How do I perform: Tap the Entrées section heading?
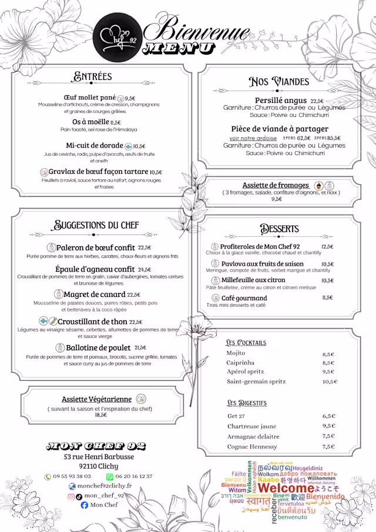pyautogui.click(x=93, y=76)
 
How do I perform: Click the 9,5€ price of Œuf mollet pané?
pyautogui.click(x=130, y=98)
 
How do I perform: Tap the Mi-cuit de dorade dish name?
pyautogui.click(x=94, y=146)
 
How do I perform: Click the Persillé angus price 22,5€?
pyautogui.click(x=317, y=101)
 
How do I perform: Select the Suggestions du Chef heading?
pyautogui.click(x=96, y=225)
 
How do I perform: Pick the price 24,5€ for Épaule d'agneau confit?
pyautogui.click(x=145, y=270)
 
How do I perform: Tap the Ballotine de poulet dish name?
pyautogui.click(x=98, y=348)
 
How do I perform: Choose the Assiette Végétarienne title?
pyautogui.click(x=96, y=400)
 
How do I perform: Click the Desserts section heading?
pyautogui.click(x=280, y=229)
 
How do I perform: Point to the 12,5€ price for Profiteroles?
pyautogui.click(x=327, y=247)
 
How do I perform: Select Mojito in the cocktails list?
pyautogui.click(x=236, y=353)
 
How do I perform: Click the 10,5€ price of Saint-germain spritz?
pyautogui.click(x=330, y=382)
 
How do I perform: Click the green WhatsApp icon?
pyautogui.click(x=109, y=477)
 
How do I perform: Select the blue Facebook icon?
pyautogui.click(x=85, y=505)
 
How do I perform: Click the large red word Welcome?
pyautogui.click(x=287, y=488)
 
